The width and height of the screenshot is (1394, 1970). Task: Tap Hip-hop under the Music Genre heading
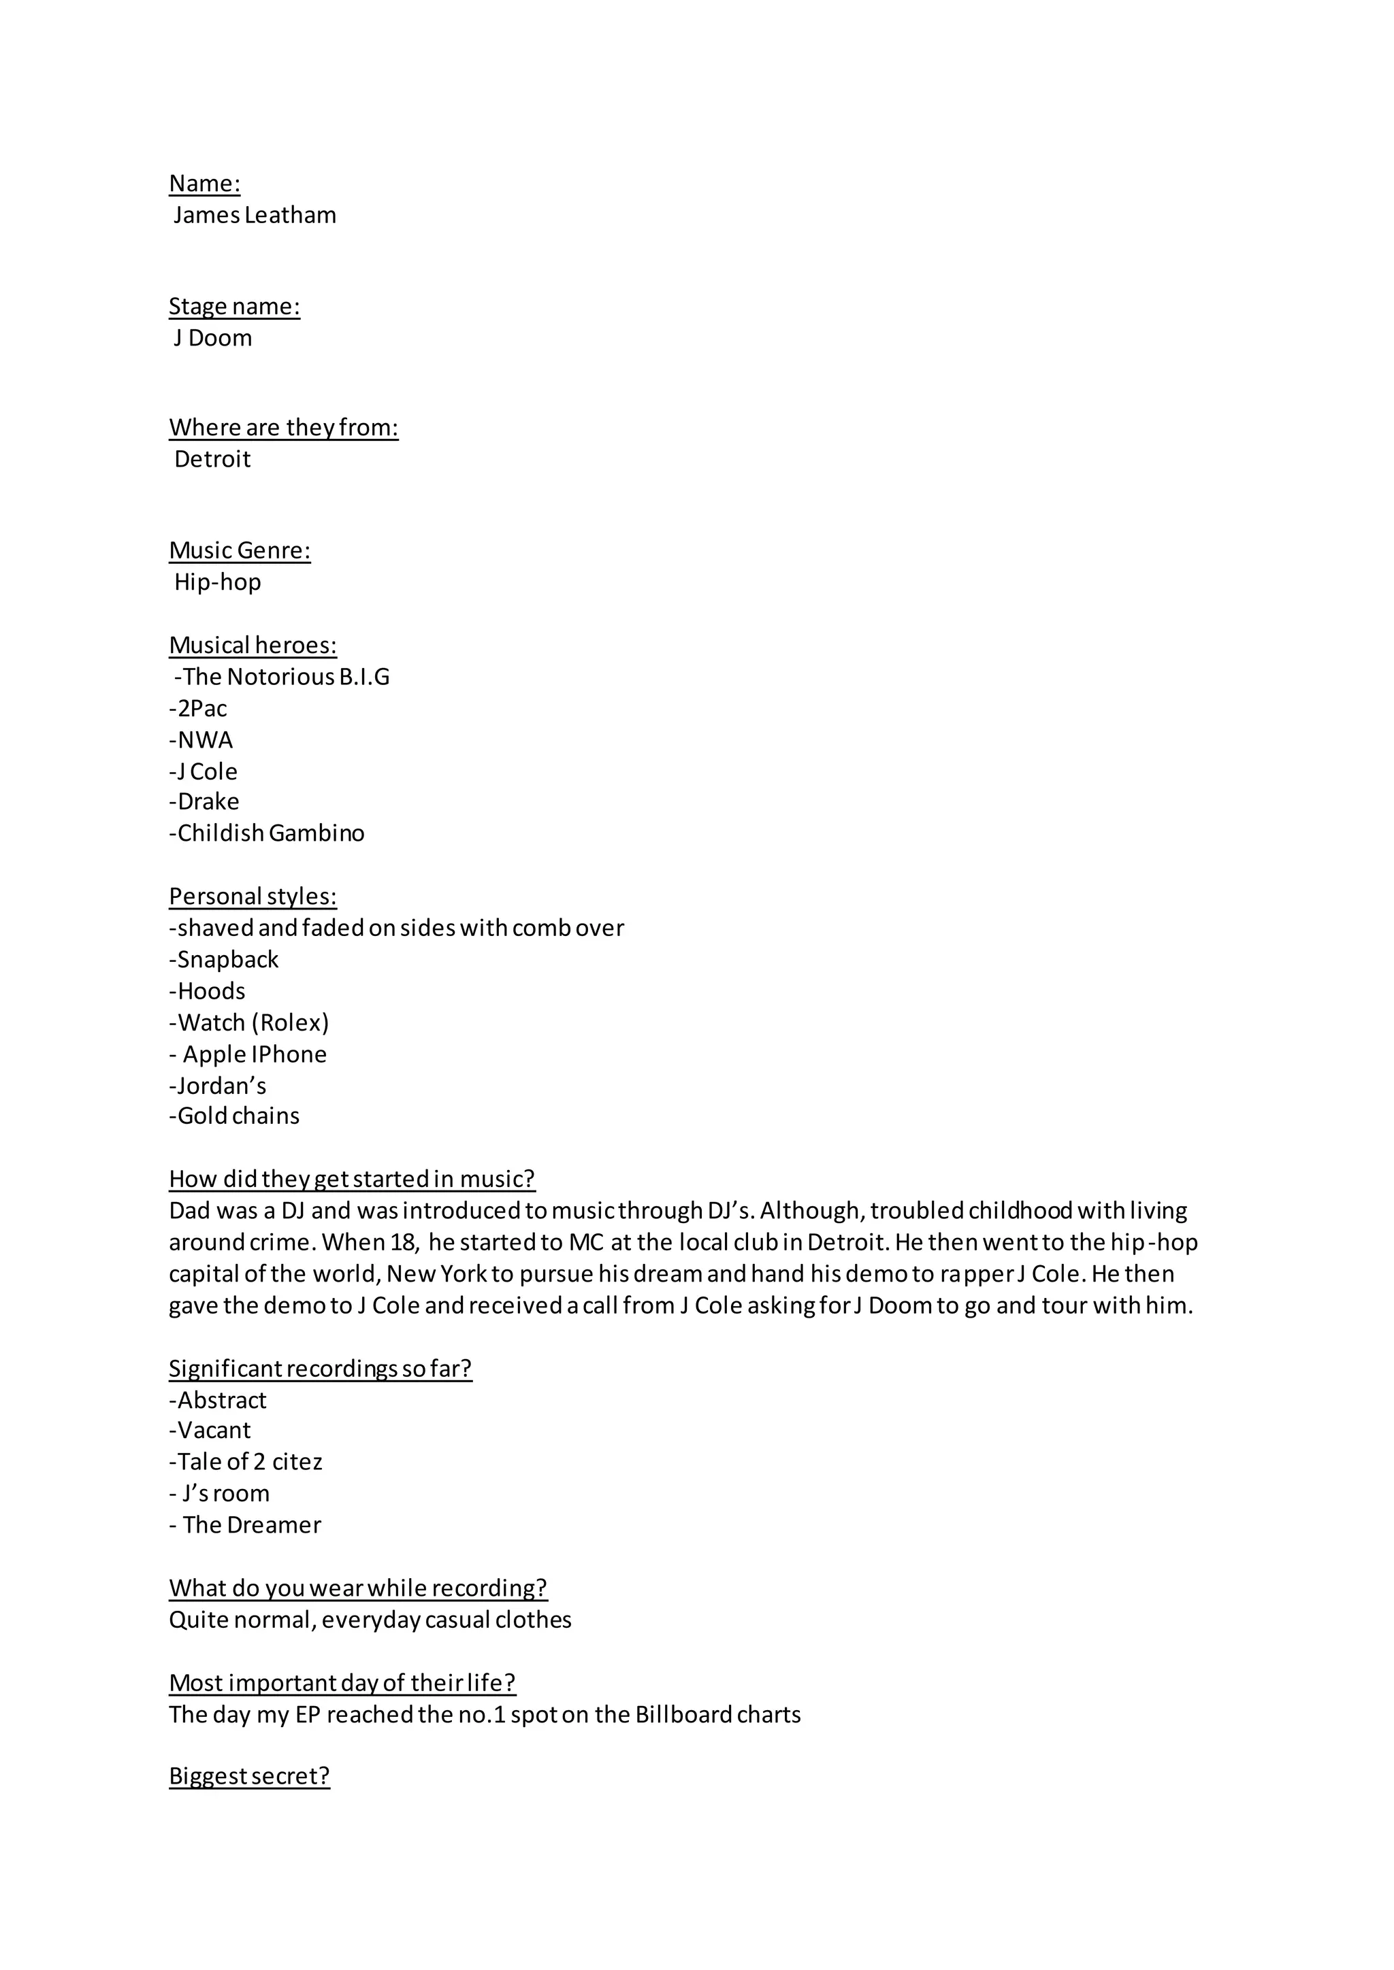pos(217,582)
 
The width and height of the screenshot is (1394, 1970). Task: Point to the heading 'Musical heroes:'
pos(253,646)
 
